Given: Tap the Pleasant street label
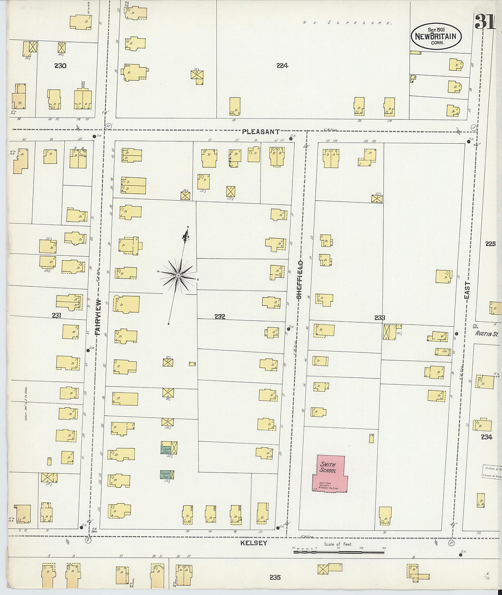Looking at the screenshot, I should [261, 132].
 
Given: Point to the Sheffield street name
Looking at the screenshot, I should [299, 279].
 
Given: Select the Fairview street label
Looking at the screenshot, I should [97, 317].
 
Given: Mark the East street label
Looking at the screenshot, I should [467, 290].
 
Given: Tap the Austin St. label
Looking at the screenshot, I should [486, 334].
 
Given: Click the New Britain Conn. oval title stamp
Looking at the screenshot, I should [436, 36].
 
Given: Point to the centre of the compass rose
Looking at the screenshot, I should [178, 276].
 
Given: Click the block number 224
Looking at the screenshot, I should [282, 66].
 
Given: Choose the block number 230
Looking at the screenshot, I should [60, 66].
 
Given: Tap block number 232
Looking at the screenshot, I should [220, 316].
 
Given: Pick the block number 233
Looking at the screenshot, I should [379, 318].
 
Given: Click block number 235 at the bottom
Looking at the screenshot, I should [275, 577].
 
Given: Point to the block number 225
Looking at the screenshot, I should [490, 244].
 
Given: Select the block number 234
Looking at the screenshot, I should [486, 437].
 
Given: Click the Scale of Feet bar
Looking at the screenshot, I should [338, 552].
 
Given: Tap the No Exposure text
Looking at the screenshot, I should [347, 22].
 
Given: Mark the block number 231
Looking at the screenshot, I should [56, 315].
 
